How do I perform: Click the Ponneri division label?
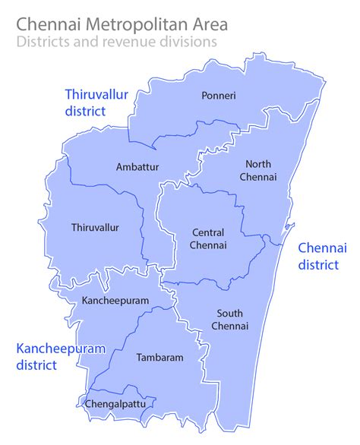click(219, 96)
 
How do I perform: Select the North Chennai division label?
click(260, 170)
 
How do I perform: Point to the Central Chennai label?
click(210, 238)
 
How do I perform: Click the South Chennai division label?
click(231, 320)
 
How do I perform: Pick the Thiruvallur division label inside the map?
click(95, 227)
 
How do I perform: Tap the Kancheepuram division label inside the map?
click(114, 301)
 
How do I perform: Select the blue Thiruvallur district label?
click(95, 102)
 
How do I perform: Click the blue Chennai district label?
click(323, 257)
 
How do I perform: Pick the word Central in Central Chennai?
click(209, 232)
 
